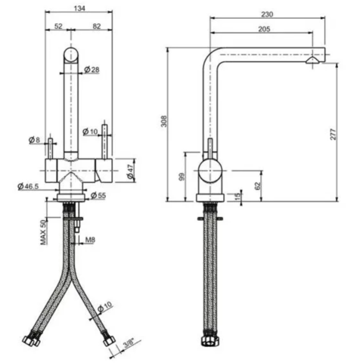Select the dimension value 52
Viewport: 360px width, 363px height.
click(58, 27)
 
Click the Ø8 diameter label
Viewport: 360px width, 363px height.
click(33, 141)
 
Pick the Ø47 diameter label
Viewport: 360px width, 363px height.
click(129, 170)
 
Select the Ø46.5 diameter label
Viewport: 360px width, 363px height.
click(28, 185)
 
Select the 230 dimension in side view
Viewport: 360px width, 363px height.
click(267, 14)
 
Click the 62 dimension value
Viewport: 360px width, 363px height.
click(258, 184)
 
